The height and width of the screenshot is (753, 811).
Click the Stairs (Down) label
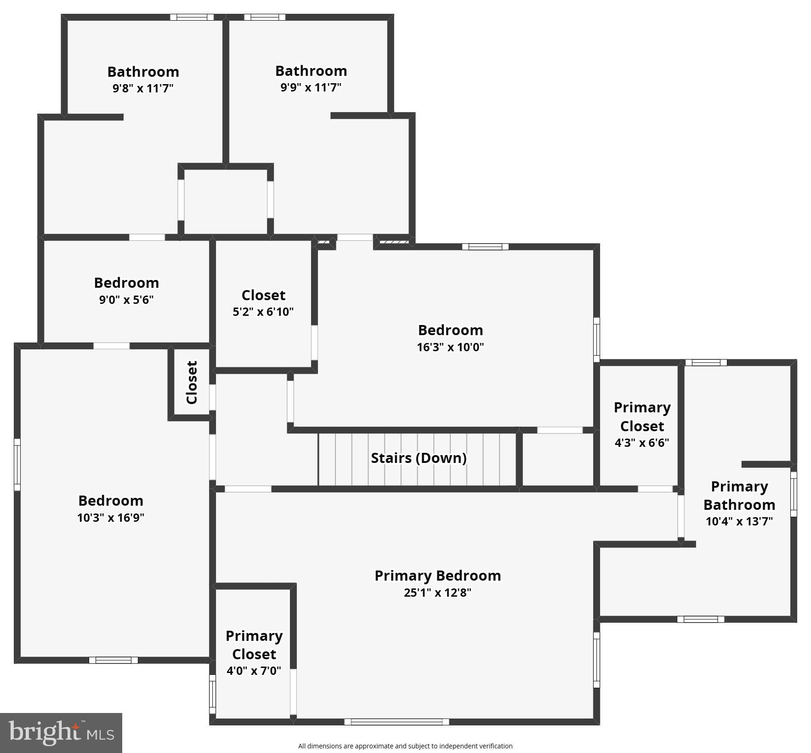tap(419, 458)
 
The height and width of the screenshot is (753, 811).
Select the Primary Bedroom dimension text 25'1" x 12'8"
tap(437, 593)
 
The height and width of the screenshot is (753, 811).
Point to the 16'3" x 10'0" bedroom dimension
tap(450, 347)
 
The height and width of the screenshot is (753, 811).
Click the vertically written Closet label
tap(192, 382)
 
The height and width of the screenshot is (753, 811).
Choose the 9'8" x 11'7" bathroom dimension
tap(143, 88)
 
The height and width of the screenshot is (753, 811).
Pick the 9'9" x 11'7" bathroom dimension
tap(311, 87)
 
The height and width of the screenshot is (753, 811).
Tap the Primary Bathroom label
tap(739, 496)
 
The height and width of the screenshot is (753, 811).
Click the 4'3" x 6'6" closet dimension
tap(642, 443)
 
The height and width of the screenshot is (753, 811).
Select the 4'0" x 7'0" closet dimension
tap(254, 671)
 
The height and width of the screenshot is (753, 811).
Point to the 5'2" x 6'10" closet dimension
tap(263, 312)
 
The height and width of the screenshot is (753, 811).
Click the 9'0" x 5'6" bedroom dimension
tap(126, 300)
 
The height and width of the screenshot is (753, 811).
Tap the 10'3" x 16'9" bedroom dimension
tap(111, 518)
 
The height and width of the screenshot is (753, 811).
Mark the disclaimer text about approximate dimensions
tap(405, 746)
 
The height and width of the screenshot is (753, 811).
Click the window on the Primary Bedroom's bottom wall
tap(397, 722)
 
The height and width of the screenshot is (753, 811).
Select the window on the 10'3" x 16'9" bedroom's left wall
tap(17, 464)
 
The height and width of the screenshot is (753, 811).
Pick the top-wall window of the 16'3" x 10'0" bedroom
tap(485, 247)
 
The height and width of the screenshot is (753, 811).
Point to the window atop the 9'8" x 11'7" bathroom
tap(192, 17)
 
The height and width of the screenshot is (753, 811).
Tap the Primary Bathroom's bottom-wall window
tap(700, 619)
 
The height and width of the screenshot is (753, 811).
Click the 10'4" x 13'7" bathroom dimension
tap(739, 521)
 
